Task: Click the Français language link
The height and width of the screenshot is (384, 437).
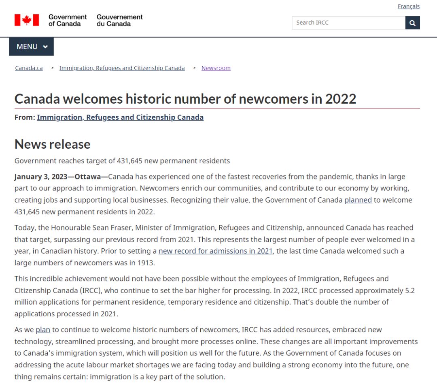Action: [408, 6]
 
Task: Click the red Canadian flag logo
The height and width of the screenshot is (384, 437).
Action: [27, 20]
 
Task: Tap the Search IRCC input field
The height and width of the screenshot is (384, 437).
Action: [348, 23]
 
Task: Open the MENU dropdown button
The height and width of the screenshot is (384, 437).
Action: [32, 47]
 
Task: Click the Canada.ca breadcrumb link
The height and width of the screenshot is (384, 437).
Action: [29, 68]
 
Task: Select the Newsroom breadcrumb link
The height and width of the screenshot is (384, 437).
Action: [216, 68]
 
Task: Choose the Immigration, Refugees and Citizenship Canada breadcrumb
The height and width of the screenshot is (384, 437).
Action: [122, 68]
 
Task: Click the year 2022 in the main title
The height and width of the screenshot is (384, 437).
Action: [341, 98]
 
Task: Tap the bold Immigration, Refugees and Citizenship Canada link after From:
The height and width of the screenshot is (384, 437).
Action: [120, 117]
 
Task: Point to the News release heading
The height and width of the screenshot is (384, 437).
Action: [52, 144]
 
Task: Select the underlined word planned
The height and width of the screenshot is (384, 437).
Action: [358, 200]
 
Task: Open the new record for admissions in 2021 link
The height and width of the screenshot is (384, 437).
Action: [216, 251]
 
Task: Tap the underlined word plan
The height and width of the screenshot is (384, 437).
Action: [43, 330]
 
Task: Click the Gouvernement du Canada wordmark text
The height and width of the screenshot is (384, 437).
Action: [119, 20]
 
